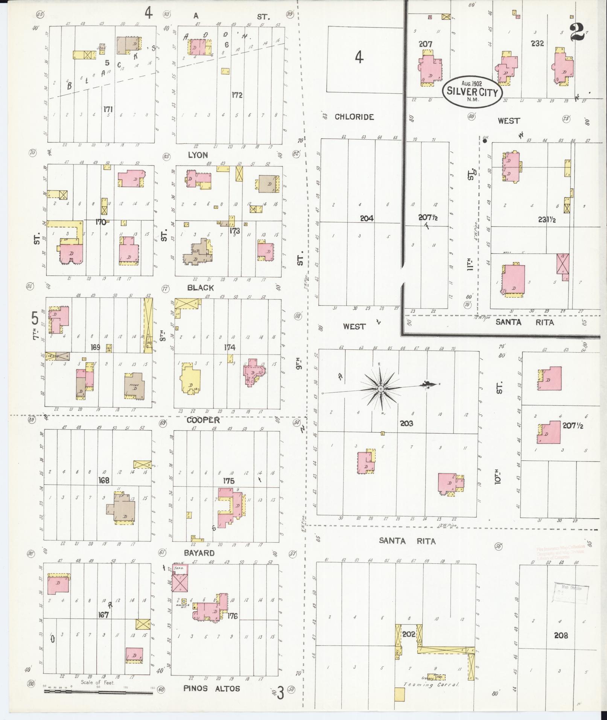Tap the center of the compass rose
[x=380, y=388]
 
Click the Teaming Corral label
[x=431, y=685]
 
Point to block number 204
[x=366, y=218]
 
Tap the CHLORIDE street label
[x=354, y=117]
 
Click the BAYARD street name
[x=199, y=553]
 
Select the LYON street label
[x=198, y=155]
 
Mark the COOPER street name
[x=203, y=420]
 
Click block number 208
[x=561, y=635]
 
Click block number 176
[x=233, y=616]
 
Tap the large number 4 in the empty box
[x=359, y=58]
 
